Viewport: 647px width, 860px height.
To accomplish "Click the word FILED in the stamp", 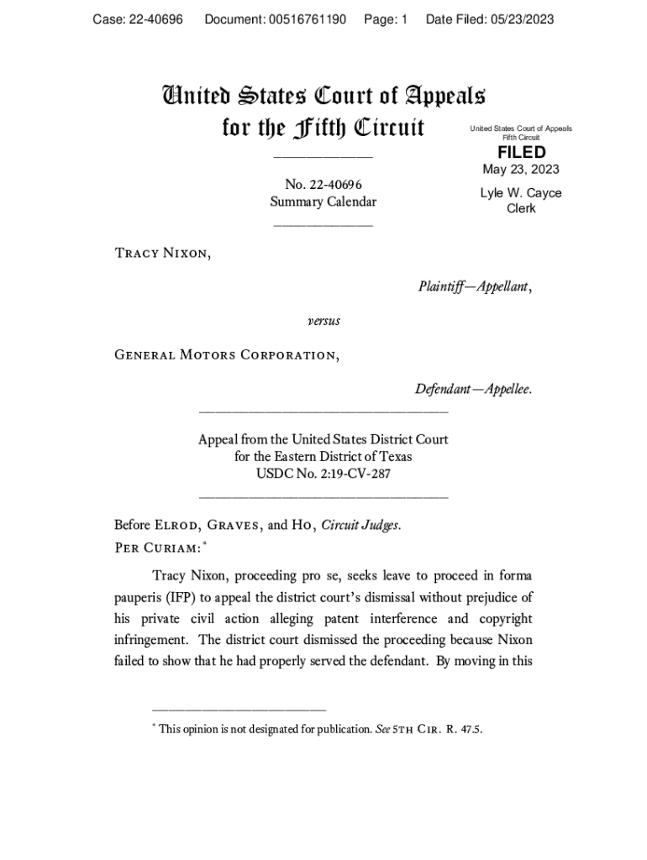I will (x=521, y=152).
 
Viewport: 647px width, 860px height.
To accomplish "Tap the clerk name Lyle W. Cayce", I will (x=521, y=193).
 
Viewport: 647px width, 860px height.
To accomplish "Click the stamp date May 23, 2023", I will (x=521, y=170).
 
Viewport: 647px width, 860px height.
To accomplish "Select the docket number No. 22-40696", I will (x=323, y=184).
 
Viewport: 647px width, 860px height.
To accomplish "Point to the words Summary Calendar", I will (x=323, y=202).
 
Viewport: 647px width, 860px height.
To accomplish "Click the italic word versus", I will (x=323, y=321).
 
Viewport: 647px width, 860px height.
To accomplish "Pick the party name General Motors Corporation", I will (x=227, y=354).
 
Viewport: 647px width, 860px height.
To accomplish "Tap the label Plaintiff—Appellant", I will (x=475, y=287).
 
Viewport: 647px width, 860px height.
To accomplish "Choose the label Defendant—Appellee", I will (x=473, y=390).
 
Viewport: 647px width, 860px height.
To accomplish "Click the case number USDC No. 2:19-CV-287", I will (x=323, y=475).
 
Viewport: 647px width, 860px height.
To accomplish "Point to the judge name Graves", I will (x=231, y=526).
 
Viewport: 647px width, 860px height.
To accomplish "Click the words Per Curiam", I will (x=156, y=547).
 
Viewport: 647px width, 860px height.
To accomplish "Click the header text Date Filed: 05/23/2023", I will (x=490, y=19).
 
